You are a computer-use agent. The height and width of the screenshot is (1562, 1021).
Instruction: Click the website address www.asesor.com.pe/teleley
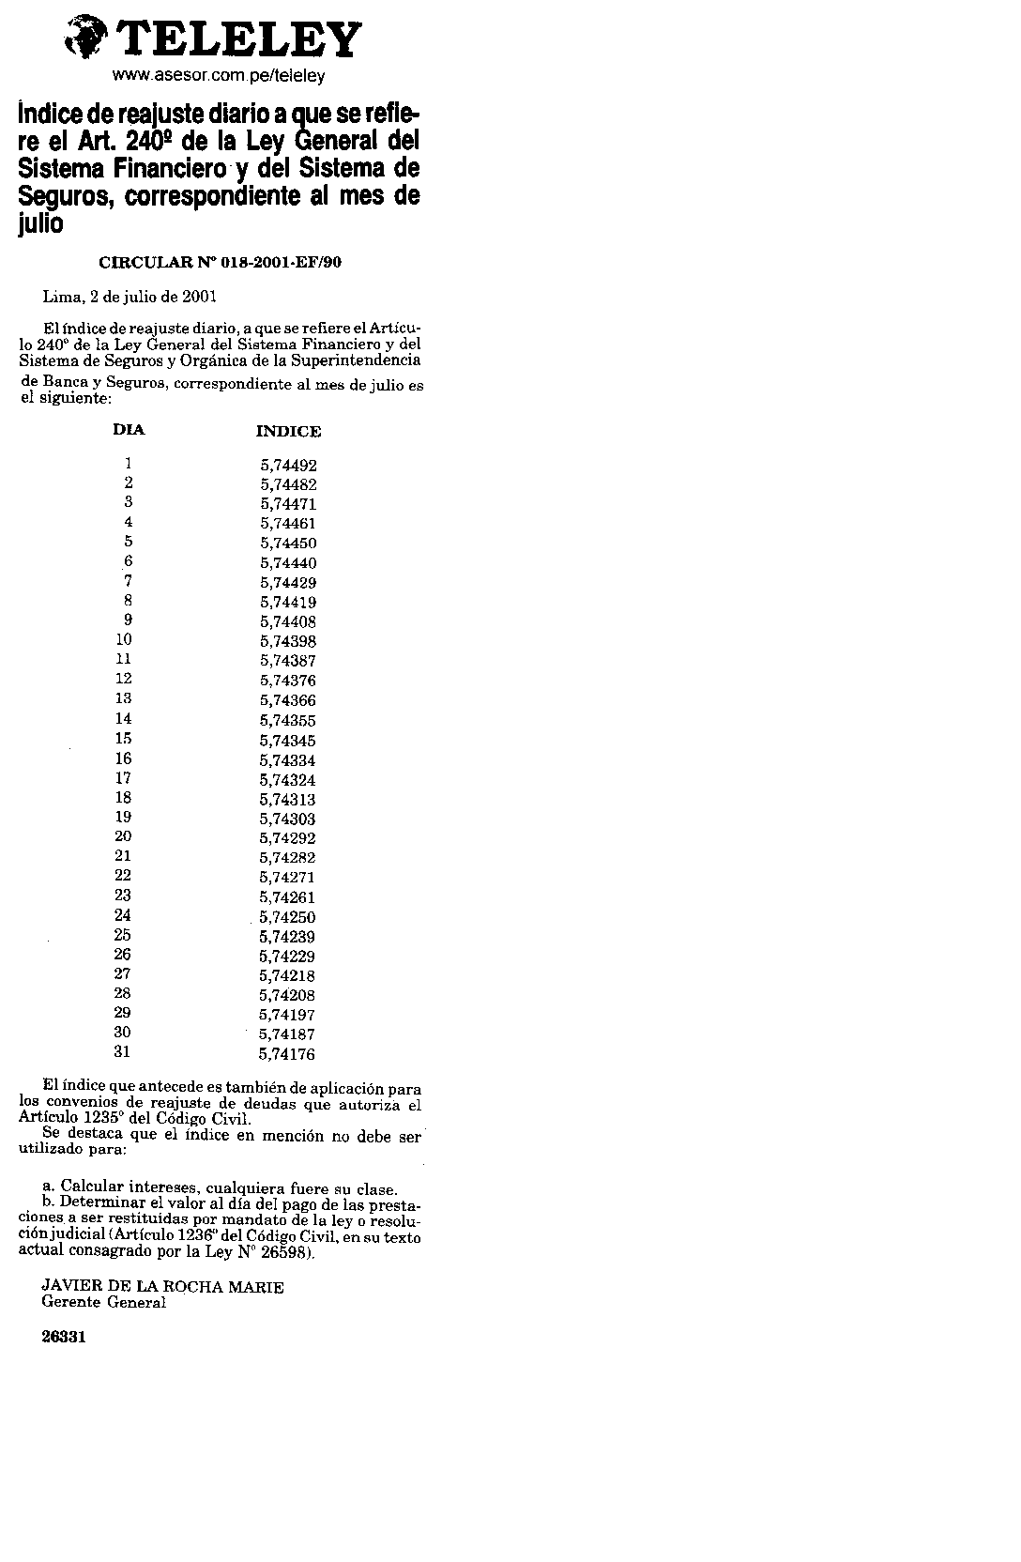tap(219, 75)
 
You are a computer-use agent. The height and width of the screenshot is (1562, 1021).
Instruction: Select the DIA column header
tap(129, 430)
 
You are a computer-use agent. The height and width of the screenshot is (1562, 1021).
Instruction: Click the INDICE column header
tap(288, 432)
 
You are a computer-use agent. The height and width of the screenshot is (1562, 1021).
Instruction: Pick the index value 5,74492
tap(288, 465)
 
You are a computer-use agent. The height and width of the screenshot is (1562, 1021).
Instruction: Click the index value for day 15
tap(288, 741)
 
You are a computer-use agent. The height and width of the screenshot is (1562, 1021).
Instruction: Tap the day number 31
tap(122, 1051)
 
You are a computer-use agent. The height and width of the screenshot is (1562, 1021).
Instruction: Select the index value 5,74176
tap(288, 1054)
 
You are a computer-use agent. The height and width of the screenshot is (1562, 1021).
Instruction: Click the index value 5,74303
tap(288, 819)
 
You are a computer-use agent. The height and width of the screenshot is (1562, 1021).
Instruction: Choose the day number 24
tap(122, 915)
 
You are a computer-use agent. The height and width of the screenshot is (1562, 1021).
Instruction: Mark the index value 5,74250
tap(288, 917)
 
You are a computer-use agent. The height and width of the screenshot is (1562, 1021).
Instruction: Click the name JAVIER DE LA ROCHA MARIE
tap(163, 1287)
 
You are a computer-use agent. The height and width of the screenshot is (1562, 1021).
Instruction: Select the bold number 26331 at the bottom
tap(64, 1338)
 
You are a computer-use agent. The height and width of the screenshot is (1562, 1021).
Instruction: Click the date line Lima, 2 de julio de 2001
tap(130, 297)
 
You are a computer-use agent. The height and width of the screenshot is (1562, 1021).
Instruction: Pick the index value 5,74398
tap(288, 642)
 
